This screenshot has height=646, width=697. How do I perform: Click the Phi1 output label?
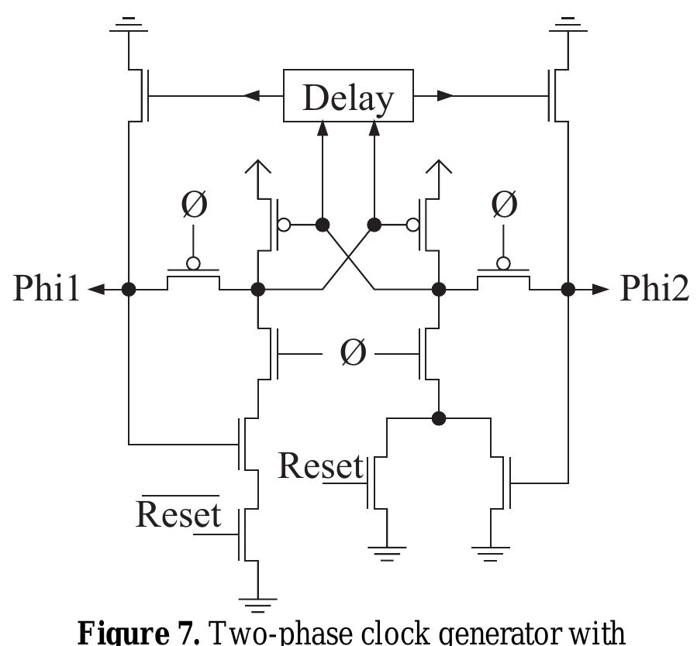pos(47,289)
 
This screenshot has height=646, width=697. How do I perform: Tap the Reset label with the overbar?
pos(178,513)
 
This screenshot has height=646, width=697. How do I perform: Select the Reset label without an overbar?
pos(320,466)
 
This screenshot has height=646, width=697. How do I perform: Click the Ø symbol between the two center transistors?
pos(352,353)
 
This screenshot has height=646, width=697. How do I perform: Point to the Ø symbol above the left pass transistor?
pos(194,204)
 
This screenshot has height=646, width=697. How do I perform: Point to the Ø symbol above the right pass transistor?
pos(503,204)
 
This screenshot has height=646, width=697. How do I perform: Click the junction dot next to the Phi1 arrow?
pos(129,289)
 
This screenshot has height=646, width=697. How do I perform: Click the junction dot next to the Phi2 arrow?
pos(568,289)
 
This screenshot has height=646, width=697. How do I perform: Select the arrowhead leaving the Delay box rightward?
pos(443,96)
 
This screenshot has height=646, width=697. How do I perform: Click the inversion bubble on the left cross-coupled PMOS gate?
pos(285,225)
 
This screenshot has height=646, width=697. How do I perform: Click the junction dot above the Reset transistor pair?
pos(439,418)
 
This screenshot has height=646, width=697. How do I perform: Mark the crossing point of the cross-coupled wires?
pos(348,256)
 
